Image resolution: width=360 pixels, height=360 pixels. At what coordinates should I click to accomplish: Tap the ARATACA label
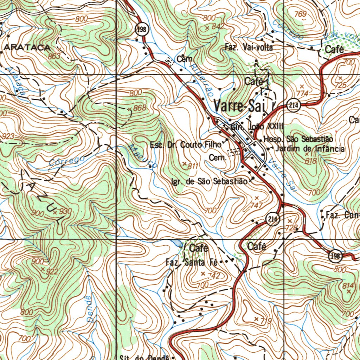27,47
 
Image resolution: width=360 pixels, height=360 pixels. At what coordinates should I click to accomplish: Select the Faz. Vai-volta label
249,47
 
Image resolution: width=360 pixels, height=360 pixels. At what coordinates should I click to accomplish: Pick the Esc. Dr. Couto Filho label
185,144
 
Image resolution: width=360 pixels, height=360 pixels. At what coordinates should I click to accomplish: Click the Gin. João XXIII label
257,127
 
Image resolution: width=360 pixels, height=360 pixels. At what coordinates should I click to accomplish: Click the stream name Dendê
90,309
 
